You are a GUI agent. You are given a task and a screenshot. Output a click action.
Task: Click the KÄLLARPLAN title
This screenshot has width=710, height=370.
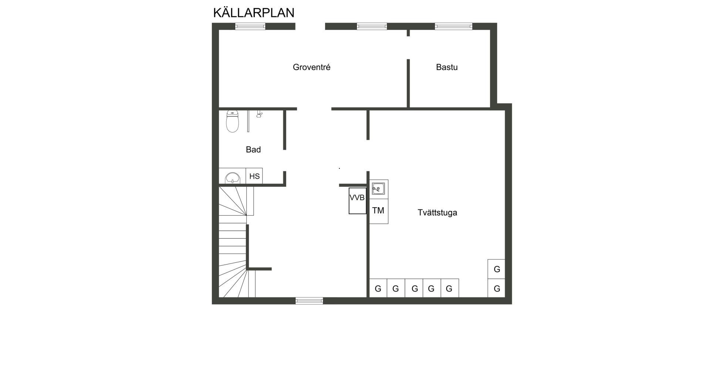tap(254, 12)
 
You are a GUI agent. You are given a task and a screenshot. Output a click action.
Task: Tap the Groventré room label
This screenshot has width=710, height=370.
tap(311, 67)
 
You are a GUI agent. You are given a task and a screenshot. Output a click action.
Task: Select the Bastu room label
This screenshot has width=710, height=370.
tap(447, 67)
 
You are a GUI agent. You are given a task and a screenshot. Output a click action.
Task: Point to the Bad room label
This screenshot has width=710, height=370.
tap(253, 149)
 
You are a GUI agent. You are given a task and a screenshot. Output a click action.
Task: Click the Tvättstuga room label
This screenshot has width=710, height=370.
tap(437, 213)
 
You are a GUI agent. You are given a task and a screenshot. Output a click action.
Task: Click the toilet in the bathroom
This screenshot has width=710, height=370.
tap(232, 121)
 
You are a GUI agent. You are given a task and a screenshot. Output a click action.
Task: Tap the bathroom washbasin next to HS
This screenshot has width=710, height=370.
tap(232, 178)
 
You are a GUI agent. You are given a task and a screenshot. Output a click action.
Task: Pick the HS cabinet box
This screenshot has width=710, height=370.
tap(254, 176)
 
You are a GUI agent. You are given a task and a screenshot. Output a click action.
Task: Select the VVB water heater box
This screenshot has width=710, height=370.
tap(357, 201)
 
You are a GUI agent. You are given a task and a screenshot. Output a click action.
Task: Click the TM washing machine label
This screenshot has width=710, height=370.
tap(378, 211)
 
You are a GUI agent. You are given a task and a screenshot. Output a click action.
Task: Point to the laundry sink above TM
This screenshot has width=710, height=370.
tap(378, 189)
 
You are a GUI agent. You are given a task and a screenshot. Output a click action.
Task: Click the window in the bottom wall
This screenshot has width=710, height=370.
tap(309, 301)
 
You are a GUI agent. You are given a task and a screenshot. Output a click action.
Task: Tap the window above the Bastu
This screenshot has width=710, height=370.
tap(453, 26)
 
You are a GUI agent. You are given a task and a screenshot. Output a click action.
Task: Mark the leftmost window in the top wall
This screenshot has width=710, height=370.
tap(250, 26)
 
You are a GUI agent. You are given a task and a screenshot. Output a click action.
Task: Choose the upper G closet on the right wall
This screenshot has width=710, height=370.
tap(497, 269)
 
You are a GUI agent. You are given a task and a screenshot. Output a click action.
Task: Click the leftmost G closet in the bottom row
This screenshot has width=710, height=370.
tap(378, 288)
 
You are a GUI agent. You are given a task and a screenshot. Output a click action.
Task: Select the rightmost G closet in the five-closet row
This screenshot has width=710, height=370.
tap(450, 288)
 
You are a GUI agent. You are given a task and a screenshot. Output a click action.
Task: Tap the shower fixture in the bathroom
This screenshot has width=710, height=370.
tap(259, 114)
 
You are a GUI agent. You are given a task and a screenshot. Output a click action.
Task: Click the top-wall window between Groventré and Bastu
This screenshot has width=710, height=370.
tap(372, 26)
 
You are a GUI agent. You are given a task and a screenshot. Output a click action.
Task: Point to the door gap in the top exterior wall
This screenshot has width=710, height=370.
tap(310, 26)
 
